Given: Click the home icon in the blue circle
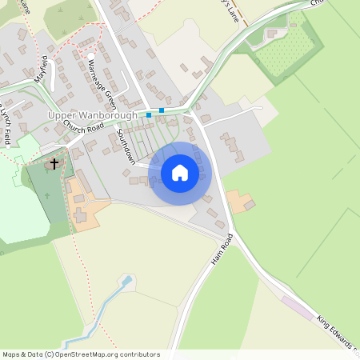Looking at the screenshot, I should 180,173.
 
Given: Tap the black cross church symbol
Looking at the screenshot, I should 54,164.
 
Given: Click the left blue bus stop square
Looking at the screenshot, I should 149,114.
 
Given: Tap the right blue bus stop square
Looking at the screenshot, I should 162,110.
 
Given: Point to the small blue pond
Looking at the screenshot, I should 125,281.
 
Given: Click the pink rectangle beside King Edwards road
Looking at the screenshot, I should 297,308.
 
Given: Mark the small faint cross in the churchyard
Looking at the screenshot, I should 47,196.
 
